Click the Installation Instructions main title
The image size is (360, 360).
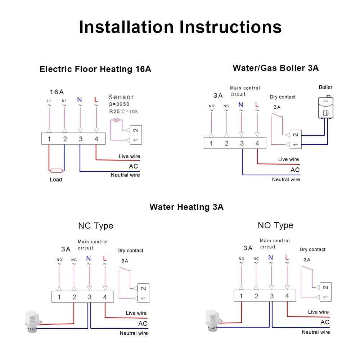[x=180, y=27]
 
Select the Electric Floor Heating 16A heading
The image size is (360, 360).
[x=95, y=69]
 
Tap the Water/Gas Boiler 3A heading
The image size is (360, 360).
[x=275, y=68]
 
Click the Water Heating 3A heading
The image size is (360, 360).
[x=186, y=207]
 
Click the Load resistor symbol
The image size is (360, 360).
[x=57, y=171]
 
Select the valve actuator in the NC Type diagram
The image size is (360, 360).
[x=31, y=320]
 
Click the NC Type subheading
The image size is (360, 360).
[x=95, y=226]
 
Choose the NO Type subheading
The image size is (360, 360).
[x=275, y=225]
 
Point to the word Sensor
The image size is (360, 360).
[x=121, y=97]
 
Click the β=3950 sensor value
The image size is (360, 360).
[x=119, y=104]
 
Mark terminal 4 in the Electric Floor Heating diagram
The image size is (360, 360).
[x=96, y=139]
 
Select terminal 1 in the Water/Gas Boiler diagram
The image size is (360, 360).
[x=211, y=143]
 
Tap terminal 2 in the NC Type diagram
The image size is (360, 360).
[x=74, y=297]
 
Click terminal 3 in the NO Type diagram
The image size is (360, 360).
[x=271, y=296]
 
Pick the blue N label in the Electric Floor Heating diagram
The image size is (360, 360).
[x=80, y=99]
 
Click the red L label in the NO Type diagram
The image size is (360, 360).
[x=287, y=257]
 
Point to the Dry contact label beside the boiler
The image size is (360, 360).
[x=283, y=97]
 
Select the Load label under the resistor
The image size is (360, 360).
[x=56, y=180]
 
